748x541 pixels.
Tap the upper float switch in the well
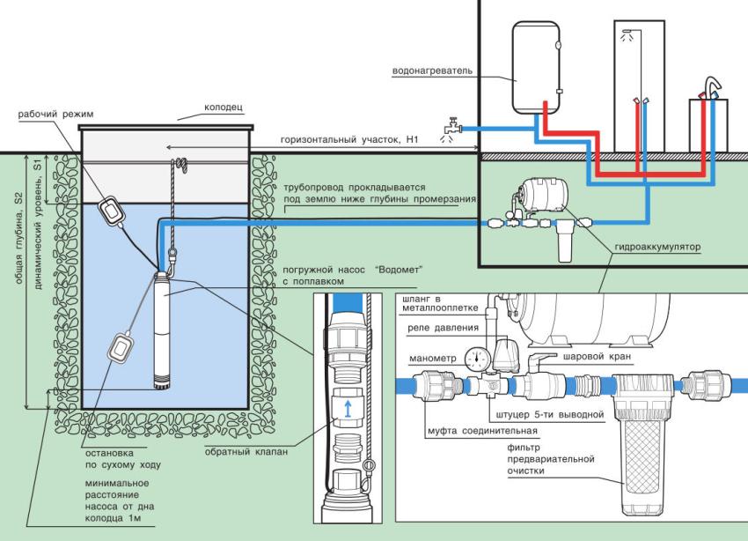tap(111, 209)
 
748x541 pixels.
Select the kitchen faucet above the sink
tap(711, 88)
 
